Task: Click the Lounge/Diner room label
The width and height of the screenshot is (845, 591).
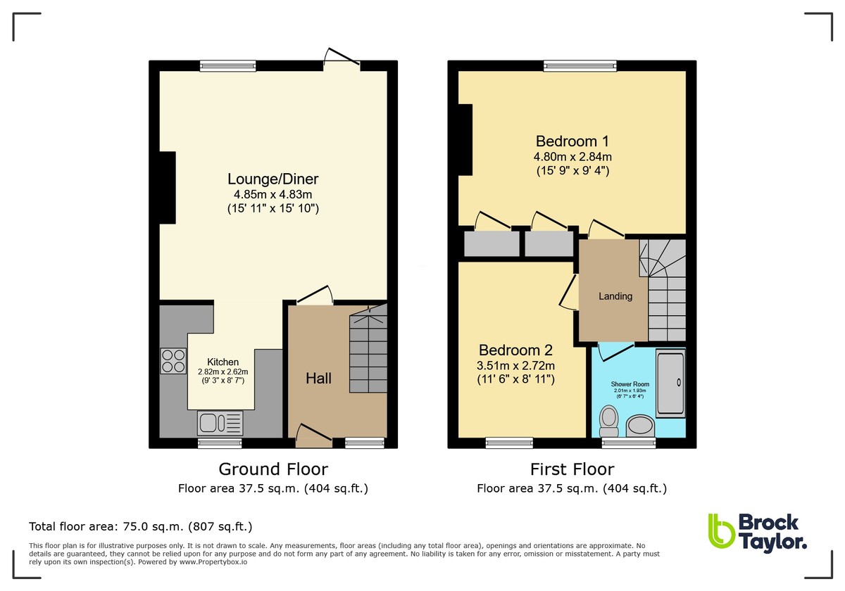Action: click(273, 179)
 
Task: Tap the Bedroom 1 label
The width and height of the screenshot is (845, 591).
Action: click(572, 140)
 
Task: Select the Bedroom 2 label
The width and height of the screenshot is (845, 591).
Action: click(515, 350)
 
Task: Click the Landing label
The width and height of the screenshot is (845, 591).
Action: click(615, 296)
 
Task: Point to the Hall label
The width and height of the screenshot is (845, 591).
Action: click(318, 378)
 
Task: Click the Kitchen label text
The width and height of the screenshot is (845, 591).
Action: click(223, 362)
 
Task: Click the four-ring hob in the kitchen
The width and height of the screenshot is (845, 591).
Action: click(173, 361)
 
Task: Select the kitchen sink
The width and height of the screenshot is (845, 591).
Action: click(220, 423)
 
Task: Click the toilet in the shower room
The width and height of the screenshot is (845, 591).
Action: click(607, 421)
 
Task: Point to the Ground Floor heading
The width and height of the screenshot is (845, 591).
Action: click(273, 469)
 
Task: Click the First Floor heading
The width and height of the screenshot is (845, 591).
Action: click(572, 469)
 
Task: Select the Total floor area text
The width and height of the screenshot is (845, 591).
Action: click(140, 526)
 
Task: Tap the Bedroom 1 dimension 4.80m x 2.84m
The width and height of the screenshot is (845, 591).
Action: click(572, 156)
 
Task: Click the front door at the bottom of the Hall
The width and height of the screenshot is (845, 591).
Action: click(313, 442)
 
